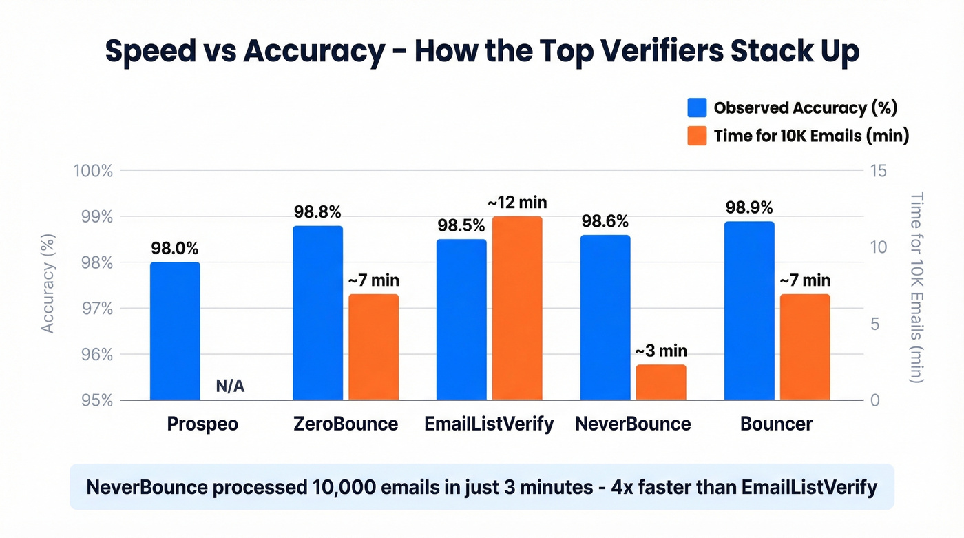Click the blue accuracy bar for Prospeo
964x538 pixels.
click(x=175, y=331)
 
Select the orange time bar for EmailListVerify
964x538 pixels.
click(x=517, y=308)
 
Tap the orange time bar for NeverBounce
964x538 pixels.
click(x=661, y=382)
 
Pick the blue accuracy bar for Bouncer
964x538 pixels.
click(x=749, y=311)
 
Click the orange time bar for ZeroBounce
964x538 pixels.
click(x=373, y=347)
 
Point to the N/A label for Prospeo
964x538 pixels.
click(x=230, y=386)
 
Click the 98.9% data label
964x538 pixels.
click(x=748, y=207)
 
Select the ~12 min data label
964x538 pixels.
click(x=517, y=203)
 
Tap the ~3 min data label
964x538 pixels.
click(x=661, y=351)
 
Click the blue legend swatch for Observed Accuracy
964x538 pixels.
click(x=697, y=107)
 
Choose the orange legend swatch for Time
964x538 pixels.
click(x=697, y=136)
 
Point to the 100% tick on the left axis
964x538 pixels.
click(x=92, y=171)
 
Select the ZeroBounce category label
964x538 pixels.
click(x=345, y=424)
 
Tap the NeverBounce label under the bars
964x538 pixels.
click(x=633, y=424)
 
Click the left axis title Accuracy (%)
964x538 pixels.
click(x=48, y=283)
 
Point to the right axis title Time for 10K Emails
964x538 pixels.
click(x=916, y=287)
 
